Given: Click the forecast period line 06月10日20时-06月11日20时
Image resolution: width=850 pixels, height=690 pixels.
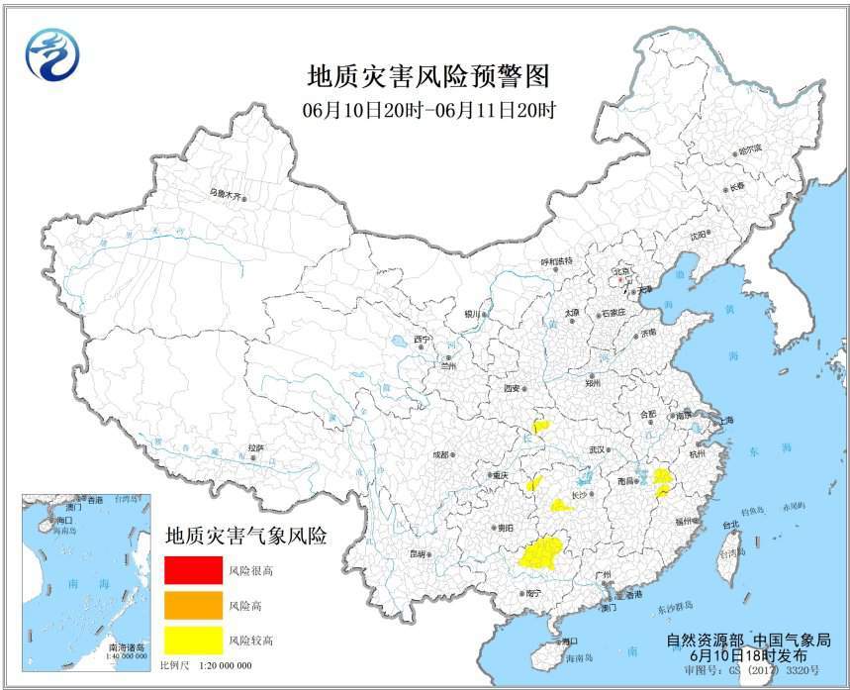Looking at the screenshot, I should (428, 111).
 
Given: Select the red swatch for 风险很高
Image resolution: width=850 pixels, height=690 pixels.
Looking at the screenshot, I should (193, 570).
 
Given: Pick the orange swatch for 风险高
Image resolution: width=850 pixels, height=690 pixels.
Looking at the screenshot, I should (193, 605).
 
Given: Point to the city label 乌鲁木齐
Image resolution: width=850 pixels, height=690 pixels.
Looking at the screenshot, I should (226, 195).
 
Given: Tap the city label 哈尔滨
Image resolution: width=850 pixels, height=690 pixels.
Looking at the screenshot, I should (749, 150).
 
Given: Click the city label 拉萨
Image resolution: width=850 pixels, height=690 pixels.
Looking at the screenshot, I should (256, 447).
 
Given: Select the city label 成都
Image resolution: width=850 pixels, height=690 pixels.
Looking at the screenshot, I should (439, 454).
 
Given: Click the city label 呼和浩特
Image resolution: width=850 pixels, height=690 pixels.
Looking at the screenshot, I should (556, 261).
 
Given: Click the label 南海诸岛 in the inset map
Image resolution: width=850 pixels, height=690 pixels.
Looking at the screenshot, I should (128, 644).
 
